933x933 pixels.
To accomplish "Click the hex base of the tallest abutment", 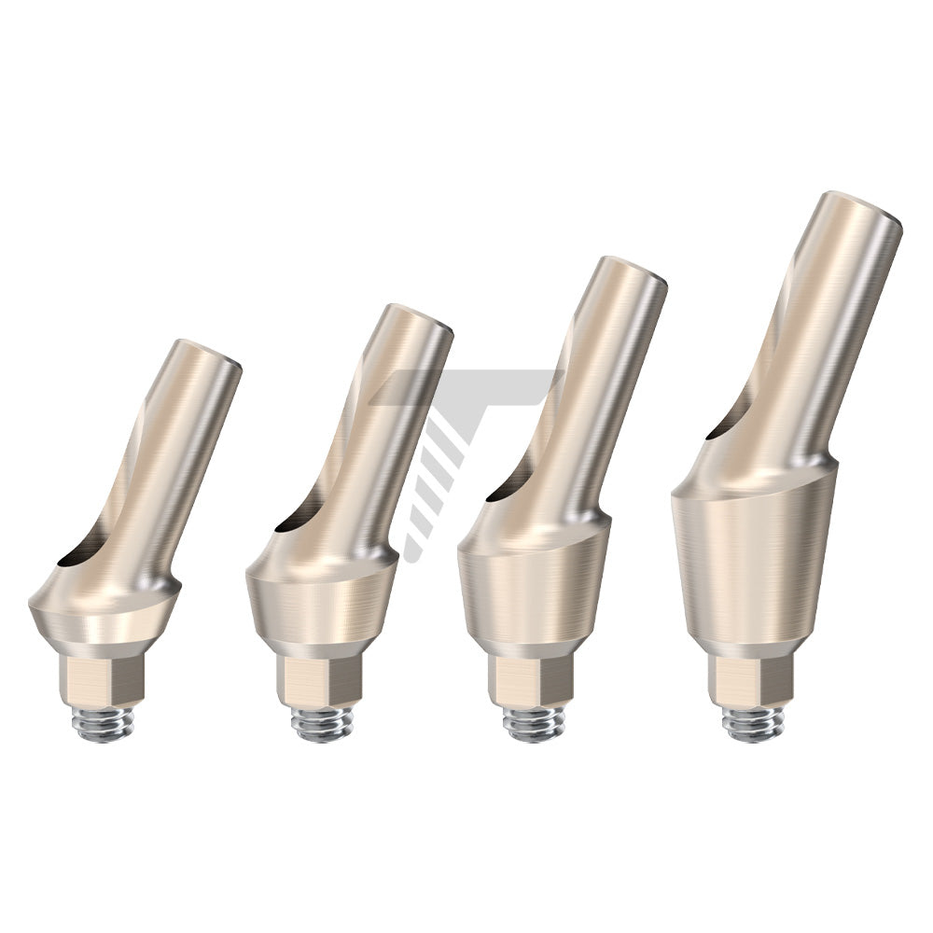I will point(751,679).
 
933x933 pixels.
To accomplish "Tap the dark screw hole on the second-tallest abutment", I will point(508,489).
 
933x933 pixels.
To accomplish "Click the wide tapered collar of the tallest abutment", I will point(753,560).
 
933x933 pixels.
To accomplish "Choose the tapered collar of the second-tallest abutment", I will point(534,589).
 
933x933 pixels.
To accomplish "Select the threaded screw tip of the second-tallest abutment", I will point(533,724).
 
